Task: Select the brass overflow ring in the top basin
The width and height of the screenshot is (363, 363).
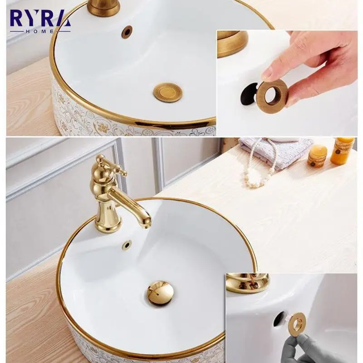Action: coord(127,31)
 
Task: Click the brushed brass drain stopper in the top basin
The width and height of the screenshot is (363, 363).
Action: coord(167,92)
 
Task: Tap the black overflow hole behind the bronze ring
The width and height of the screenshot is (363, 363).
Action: coord(249,93)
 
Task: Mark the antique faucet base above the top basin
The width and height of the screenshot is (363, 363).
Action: coord(104,7)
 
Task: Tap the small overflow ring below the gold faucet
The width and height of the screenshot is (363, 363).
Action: coord(127,244)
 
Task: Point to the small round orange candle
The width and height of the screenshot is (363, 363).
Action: coord(317,157)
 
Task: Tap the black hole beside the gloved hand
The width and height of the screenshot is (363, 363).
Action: coord(279,319)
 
